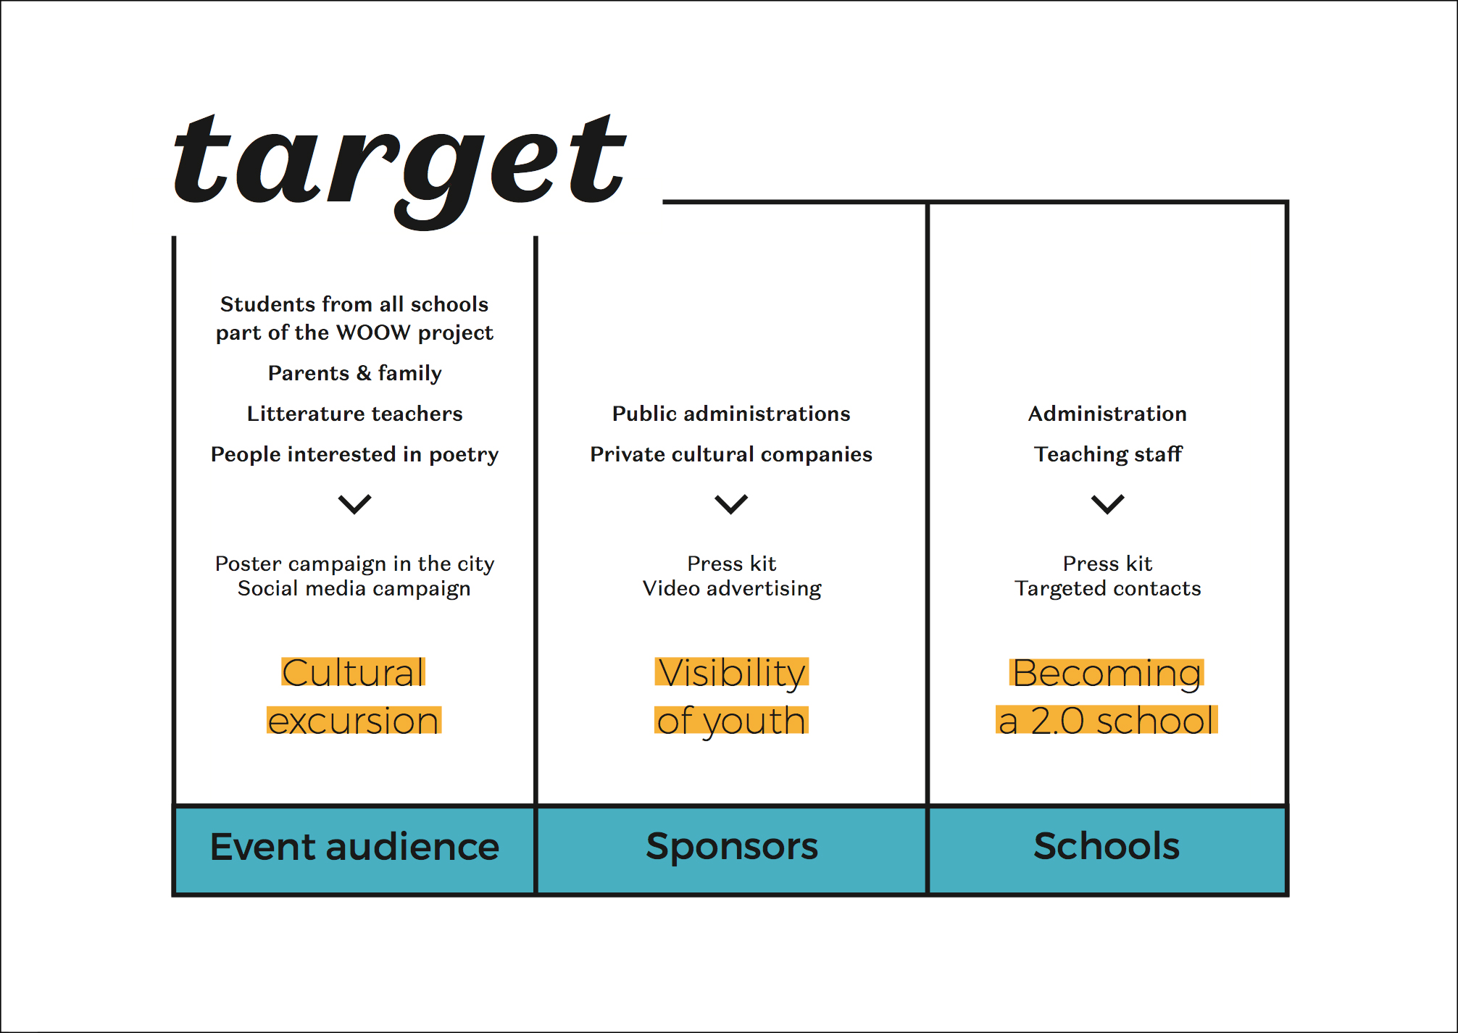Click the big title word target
[399, 171]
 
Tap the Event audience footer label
[354, 846]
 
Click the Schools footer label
[1107, 846]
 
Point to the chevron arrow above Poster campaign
[354, 504]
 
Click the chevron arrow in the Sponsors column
[731, 504]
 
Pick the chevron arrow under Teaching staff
[1108, 504]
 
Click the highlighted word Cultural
[354, 672]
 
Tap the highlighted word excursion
[354, 721]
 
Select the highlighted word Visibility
[732, 674]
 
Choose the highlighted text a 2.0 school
[1107, 721]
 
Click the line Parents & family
[354, 373]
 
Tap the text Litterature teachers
[354, 414]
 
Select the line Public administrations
[731, 414]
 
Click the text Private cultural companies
[731, 454]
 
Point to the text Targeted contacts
[1107, 588]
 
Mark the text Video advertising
[732, 588]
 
